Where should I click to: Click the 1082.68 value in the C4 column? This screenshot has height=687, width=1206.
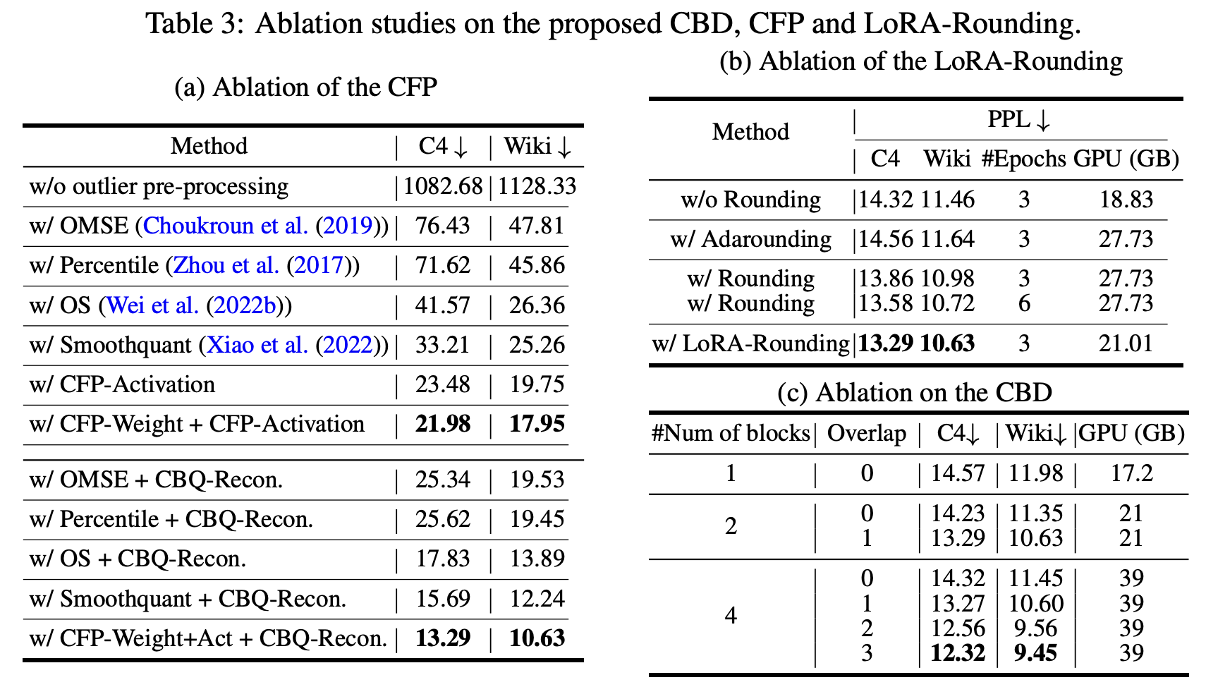tap(443, 186)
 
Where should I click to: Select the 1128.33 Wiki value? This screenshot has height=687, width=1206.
tap(537, 186)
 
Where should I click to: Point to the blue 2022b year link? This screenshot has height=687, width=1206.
tap(245, 305)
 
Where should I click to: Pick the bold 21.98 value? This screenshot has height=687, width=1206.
tap(443, 424)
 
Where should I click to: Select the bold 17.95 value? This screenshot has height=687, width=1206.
tap(537, 424)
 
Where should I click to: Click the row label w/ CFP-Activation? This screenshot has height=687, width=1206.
tap(122, 384)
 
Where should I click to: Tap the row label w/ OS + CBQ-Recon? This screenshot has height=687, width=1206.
tap(138, 559)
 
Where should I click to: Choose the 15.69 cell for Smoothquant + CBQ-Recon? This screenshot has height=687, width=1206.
tap(443, 599)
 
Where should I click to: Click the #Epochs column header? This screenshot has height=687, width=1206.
tap(1023, 159)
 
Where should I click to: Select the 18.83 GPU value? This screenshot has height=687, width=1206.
tap(1126, 200)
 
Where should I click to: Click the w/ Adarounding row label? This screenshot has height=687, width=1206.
tap(750, 239)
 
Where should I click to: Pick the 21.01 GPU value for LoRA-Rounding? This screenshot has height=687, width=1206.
tap(1126, 343)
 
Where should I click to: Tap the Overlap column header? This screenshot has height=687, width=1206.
tap(866, 433)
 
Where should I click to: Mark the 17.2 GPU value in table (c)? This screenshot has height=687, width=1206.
tap(1131, 473)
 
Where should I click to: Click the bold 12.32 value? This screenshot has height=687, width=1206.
tap(957, 653)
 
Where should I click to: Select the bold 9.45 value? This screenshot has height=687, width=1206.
tap(1035, 653)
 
